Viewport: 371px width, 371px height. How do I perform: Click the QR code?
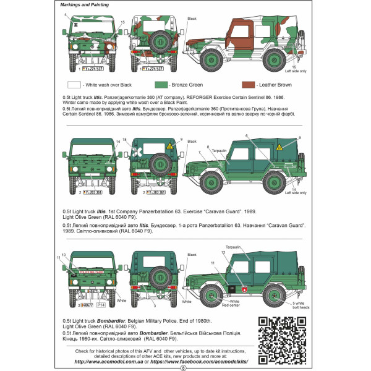click(x=282, y=334)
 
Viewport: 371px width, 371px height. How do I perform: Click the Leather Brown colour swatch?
click(x=249, y=85)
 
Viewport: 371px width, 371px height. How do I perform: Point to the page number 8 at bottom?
click(x=184, y=367)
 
